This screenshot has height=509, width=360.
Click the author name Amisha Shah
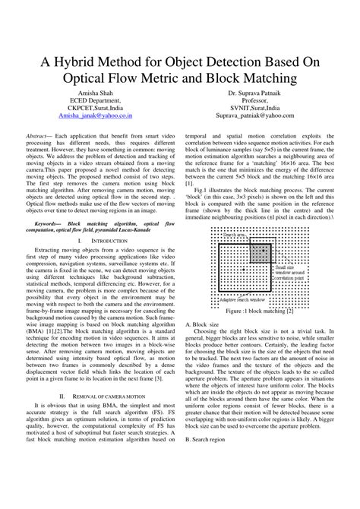[x=96, y=92]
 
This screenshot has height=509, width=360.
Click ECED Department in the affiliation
[x=96, y=100]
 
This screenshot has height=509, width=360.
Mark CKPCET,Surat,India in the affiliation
[x=96, y=108]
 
